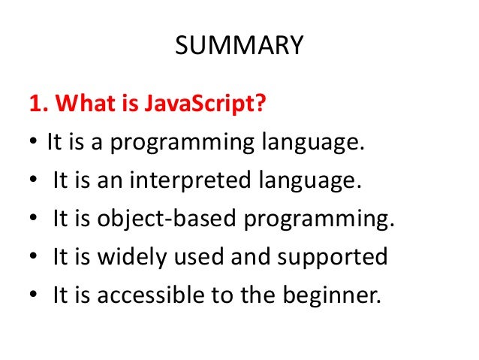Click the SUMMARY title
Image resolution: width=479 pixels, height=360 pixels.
coord(239,47)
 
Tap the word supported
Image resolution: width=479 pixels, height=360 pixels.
coord(333,257)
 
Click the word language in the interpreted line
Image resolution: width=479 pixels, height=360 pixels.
coord(295,181)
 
